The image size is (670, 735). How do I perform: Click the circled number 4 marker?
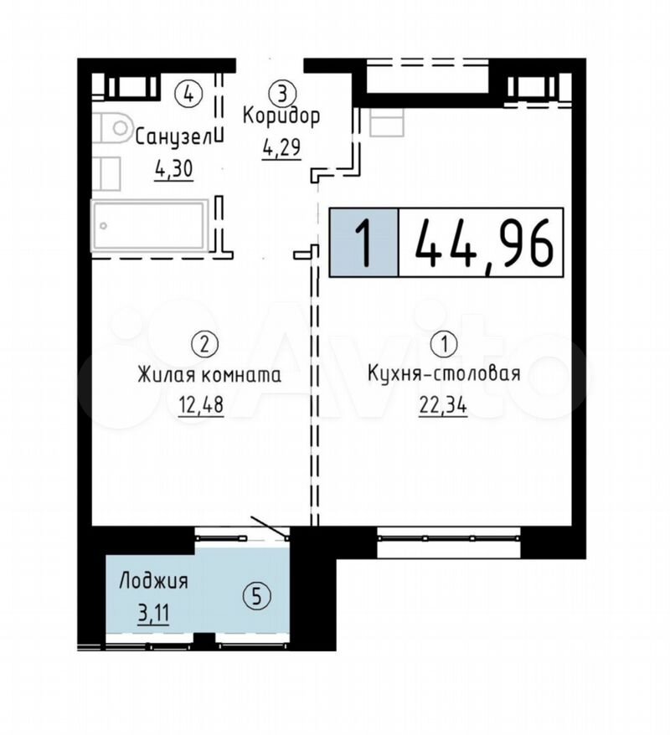[188, 93]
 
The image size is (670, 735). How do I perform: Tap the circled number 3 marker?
[281, 93]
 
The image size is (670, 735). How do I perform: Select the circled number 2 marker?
[205, 345]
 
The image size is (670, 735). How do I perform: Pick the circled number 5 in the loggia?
[256, 596]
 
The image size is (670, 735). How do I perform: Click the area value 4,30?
[173, 170]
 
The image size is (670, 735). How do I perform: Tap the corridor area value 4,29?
[281, 149]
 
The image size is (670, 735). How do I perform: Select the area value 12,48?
[201, 405]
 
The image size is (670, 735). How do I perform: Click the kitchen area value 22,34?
[443, 405]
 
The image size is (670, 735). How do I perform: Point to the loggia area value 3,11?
[153, 612]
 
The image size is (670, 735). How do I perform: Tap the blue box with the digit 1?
[363, 242]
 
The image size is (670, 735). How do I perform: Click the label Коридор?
[281, 116]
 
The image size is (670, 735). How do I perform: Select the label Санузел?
[173, 138]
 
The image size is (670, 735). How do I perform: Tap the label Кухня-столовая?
[444, 373]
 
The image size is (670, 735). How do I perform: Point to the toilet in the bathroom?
[111, 127]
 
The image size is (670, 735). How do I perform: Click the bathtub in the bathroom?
[150, 226]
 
